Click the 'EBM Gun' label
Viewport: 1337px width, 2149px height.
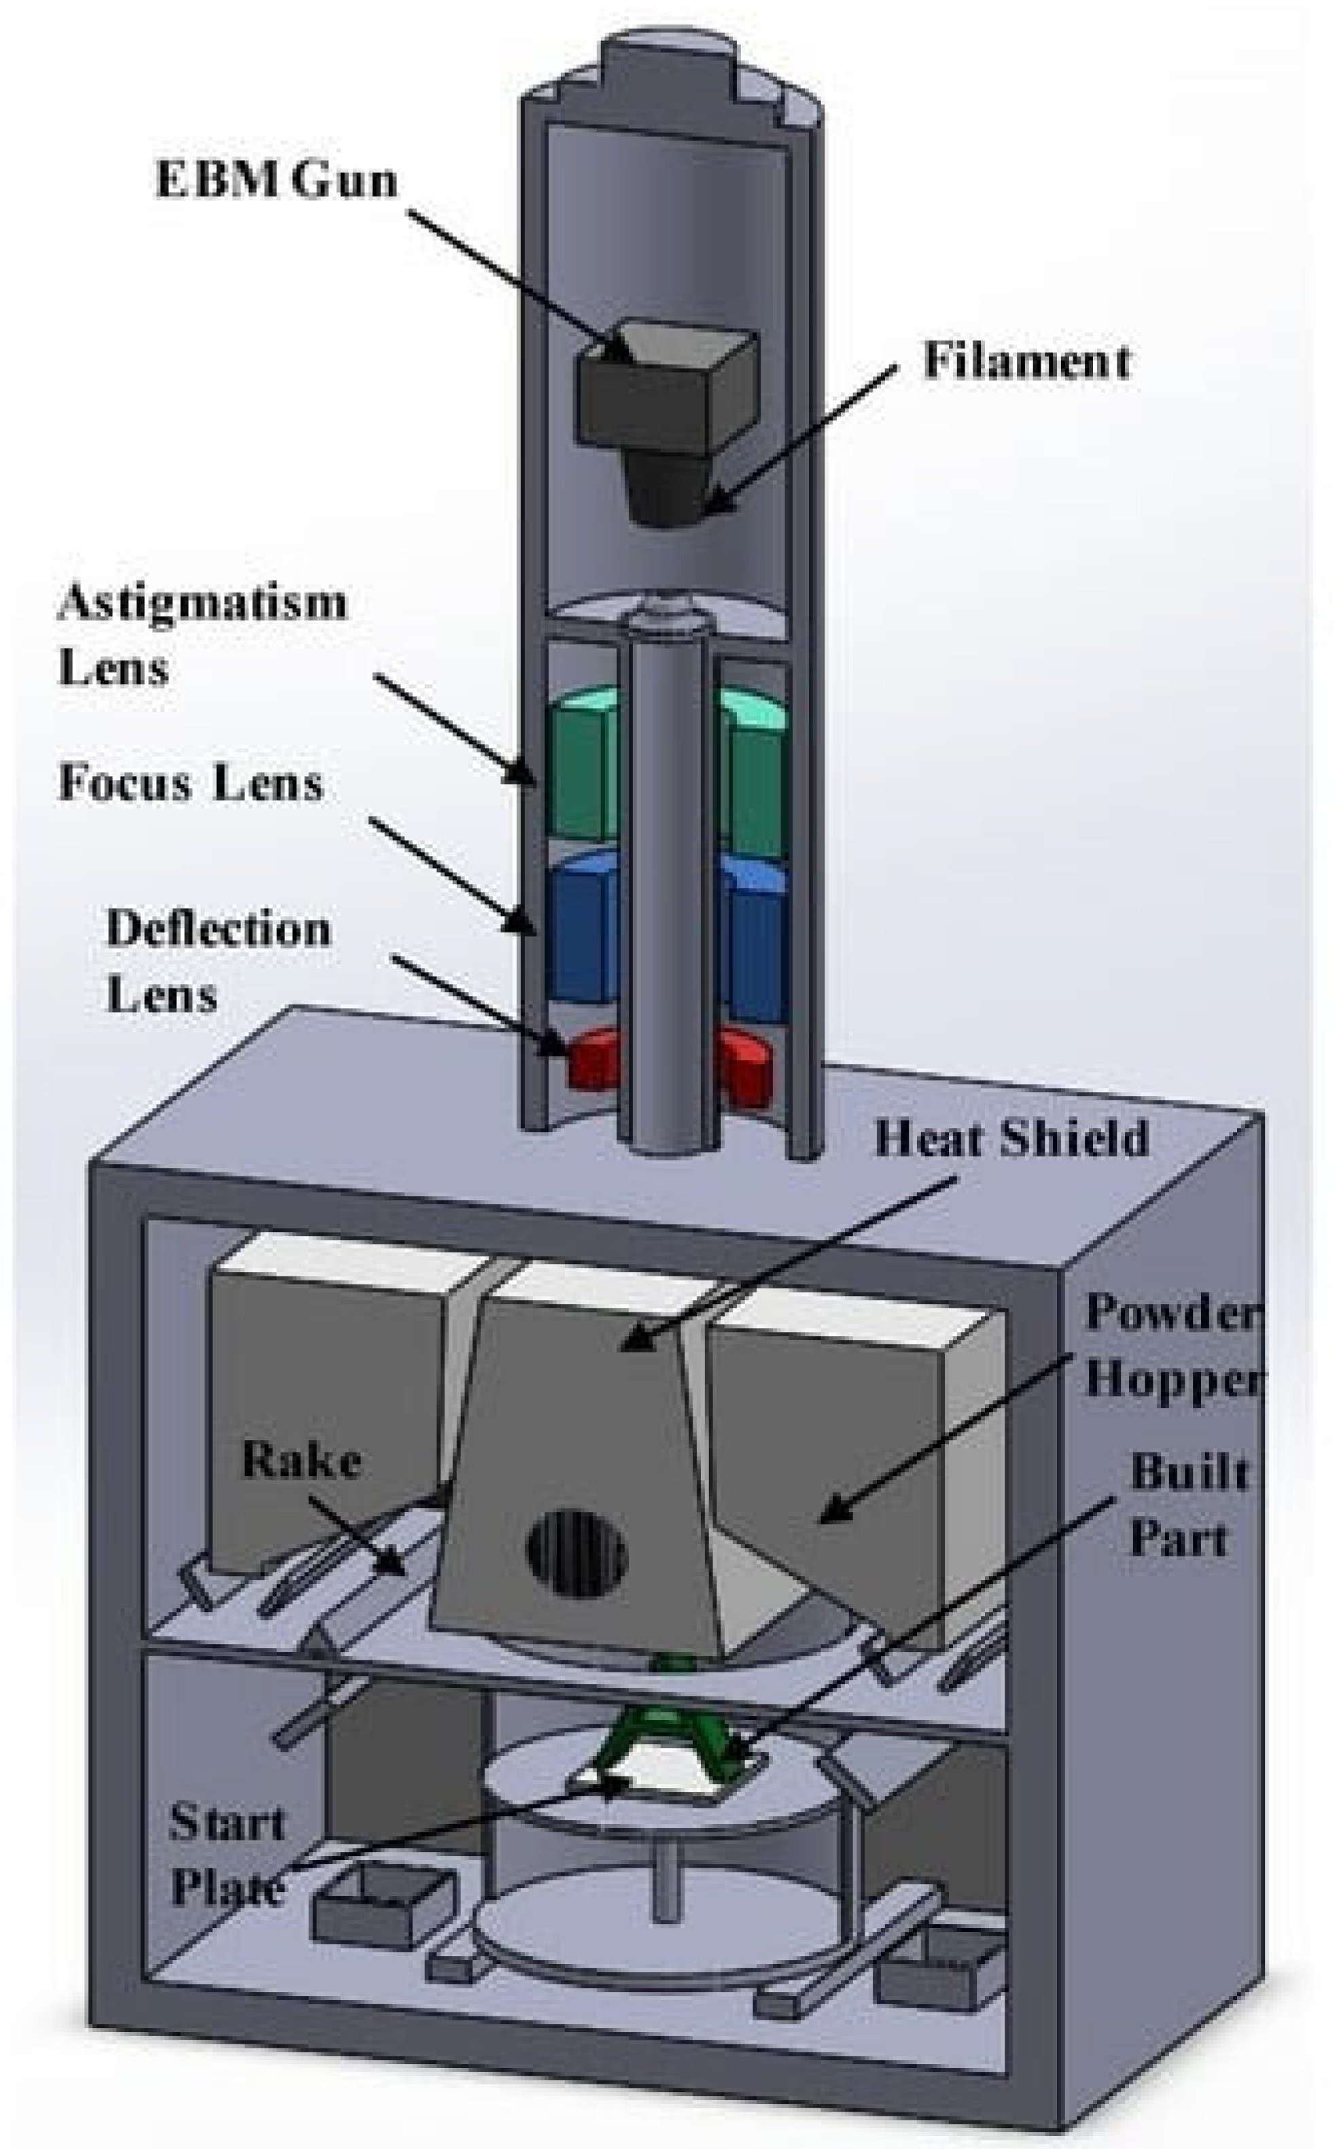pyautogui.click(x=276, y=180)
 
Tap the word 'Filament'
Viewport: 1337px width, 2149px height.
pyautogui.click(x=1026, y=361)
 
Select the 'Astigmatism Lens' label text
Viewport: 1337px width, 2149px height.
pyautogui.click(x=202, y=634)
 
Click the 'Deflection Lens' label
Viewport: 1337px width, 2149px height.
pyautogui.click(x=218, y=961)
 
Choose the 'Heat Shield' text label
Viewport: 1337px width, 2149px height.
pyautogui.click(x=1011, y=1138)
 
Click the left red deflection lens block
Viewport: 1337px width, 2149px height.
pyautogui.click(x=593, y=1058)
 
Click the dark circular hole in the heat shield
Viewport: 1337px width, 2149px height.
pyautogui.click(x=576, y=1554)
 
